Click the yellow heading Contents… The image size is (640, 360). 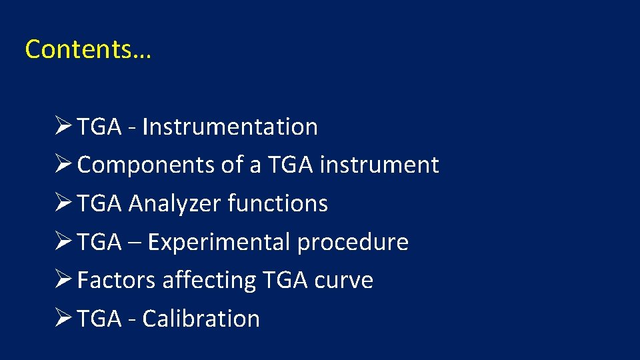click(88, 49)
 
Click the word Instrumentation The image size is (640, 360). click(230, 127)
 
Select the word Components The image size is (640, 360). click(146, 165)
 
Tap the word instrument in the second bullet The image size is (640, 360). click(379, 165)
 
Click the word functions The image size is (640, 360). click(278, 203)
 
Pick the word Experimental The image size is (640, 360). click(219, 242)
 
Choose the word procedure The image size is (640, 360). click(353, 242)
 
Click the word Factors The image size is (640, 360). click(117, 280)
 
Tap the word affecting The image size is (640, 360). click(209, 280)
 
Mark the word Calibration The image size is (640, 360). click(201, 319)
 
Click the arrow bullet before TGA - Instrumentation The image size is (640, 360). click(65, 126)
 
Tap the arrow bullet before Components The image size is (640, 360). click(65, 165)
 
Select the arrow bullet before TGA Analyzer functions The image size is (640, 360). click(65, 203)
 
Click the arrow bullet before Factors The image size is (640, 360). click(65, 280)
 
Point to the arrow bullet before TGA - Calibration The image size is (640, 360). click(65, 318)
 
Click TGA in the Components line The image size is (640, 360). click(291, 165)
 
